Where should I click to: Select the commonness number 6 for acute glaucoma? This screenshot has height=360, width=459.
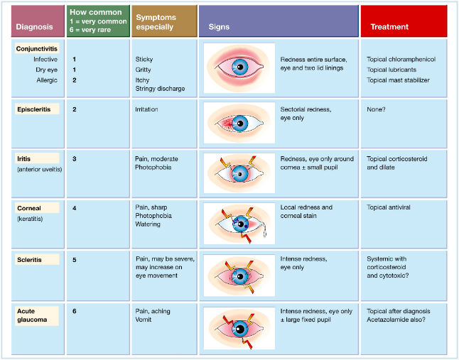pos(74,311)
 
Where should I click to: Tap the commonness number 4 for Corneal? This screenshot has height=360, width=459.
pos(74,208)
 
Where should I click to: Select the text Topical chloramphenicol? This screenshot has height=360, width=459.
pos(401,60)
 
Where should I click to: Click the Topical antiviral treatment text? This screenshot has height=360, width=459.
pos(389,208)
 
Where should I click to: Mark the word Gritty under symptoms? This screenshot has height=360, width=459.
pos(144,70)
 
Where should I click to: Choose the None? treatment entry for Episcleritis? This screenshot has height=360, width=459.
pos(376,110)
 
